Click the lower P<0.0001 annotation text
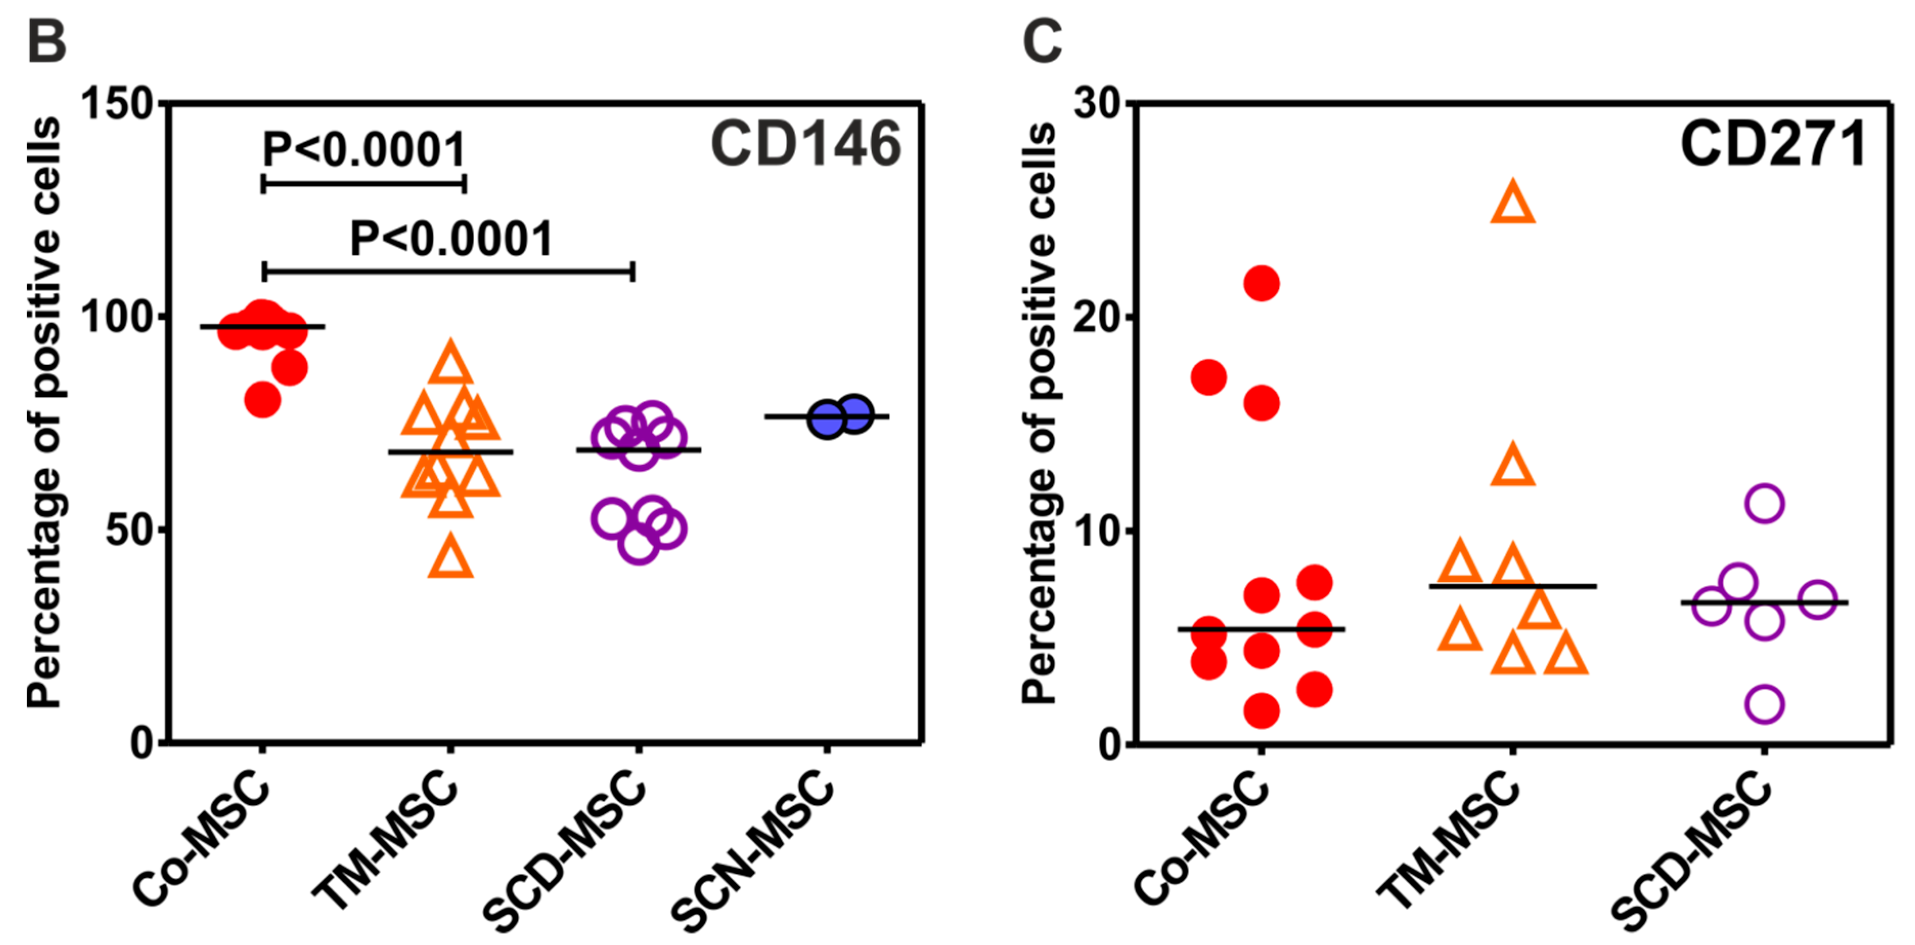point(451,239)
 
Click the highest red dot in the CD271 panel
point(1261,283)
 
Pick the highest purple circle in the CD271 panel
point(1764,504)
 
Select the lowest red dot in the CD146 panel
point(262,400)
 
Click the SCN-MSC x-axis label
point(755,851)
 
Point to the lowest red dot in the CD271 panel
point(1261,710)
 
